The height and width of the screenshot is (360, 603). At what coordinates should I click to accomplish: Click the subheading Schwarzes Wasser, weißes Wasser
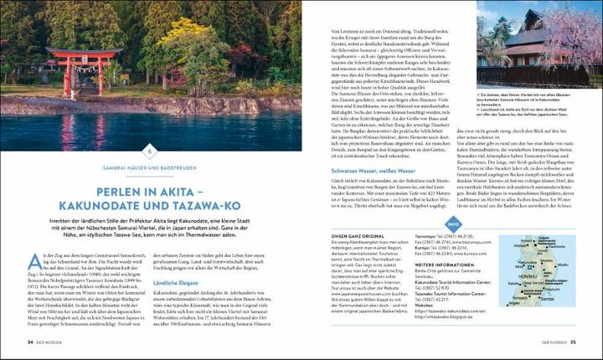point(363,181)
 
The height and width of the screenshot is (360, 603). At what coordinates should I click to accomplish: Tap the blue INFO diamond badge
point(453,224)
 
